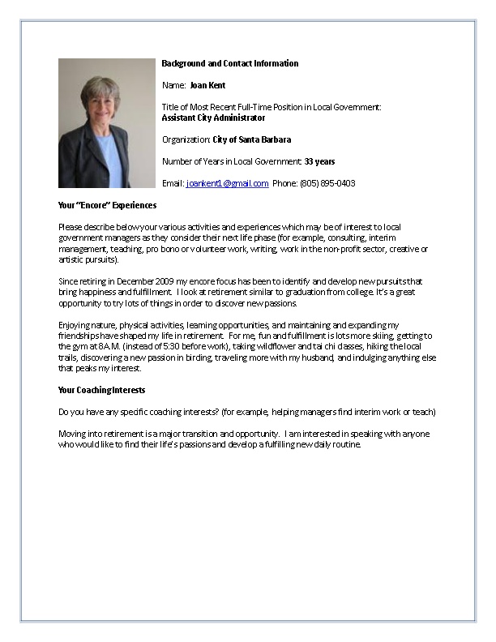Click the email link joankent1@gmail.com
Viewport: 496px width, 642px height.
click(227, 183)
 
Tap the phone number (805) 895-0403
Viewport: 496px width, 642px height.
click(328, 183)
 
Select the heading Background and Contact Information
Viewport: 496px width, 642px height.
click(230, 63)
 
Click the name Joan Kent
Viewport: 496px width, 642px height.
click(207, 85)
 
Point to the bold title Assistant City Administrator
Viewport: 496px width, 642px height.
click(213, 118)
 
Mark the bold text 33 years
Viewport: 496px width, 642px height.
click(319, 161)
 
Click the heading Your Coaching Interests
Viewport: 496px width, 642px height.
click(102, 390)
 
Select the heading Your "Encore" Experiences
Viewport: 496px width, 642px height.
click(108, 205)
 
